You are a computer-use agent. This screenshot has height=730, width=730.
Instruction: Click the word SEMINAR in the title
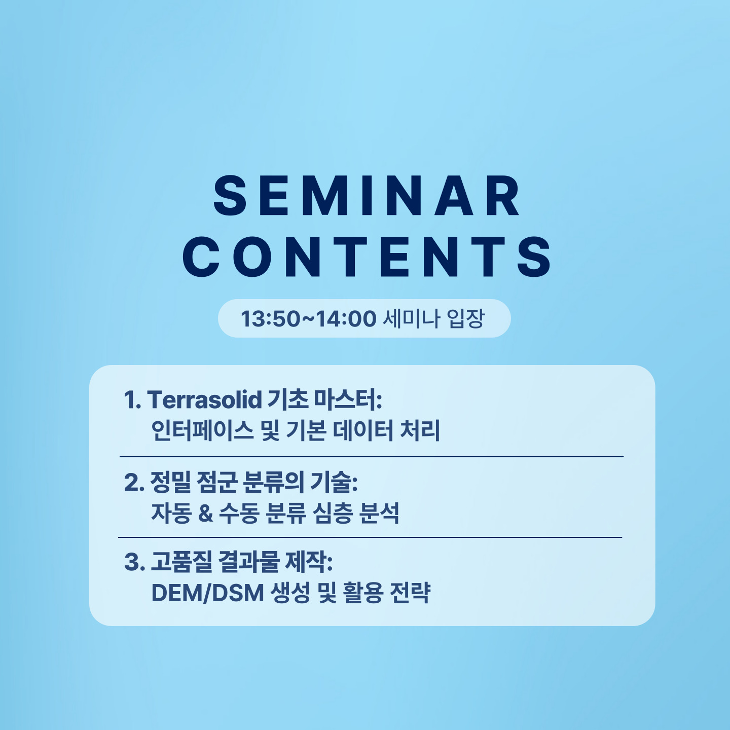367,196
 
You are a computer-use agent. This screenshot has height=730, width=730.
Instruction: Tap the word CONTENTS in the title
367,257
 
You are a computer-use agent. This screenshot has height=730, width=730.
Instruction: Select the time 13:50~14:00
309,319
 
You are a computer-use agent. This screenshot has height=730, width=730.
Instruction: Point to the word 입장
465,318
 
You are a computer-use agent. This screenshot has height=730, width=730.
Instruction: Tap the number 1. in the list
133,400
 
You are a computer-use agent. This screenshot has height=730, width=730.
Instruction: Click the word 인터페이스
202,431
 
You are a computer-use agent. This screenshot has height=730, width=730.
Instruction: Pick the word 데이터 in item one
363,431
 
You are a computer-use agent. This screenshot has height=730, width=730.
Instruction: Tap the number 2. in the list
134,483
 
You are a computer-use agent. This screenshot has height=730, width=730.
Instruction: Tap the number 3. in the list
134,562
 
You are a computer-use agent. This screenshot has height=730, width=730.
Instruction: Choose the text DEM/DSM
208,593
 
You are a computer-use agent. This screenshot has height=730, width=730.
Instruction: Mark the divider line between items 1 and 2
372,457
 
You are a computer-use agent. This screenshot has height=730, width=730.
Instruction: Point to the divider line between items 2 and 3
370,537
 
